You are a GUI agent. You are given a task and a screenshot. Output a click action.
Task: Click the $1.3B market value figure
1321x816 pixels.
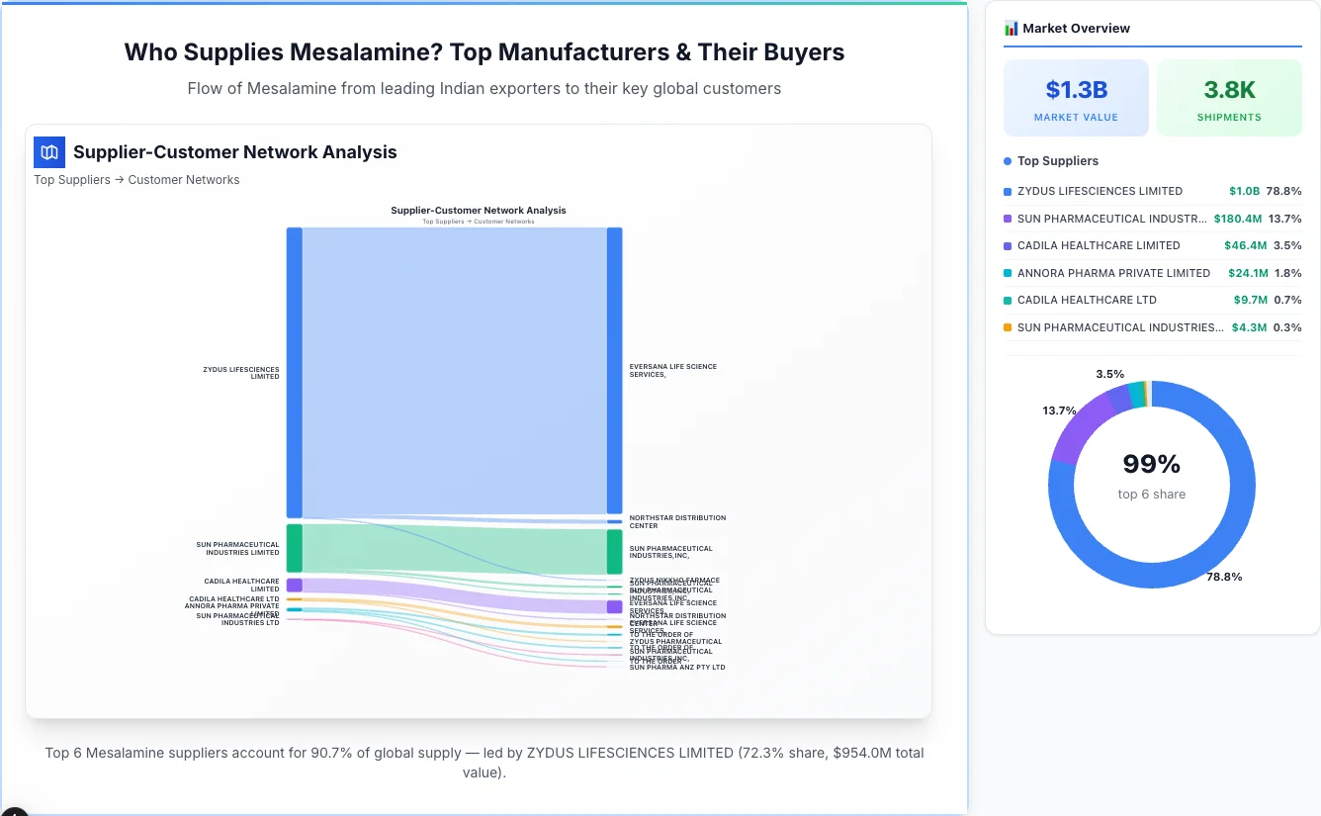pyautogui.click(x=1076, y=90)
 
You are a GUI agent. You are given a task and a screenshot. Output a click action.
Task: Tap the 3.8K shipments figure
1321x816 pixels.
pyautogui.click(x=1229, y=90)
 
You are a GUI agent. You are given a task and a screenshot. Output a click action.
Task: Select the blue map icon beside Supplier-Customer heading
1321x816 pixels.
pyautogui.click(x=49, y=152)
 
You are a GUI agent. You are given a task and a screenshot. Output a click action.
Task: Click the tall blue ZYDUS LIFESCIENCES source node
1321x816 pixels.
pyautogui.click(x=294, y=372)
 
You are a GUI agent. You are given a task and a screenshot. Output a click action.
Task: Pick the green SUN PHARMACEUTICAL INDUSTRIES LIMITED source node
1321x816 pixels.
pyautogui.click(x=294, y=548)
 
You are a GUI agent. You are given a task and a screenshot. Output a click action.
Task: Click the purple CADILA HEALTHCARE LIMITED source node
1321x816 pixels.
pyautogui.click(x=294, y=586)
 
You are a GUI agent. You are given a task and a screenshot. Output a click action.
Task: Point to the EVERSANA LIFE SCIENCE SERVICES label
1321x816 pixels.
pyautogui.click(x=673, y=370)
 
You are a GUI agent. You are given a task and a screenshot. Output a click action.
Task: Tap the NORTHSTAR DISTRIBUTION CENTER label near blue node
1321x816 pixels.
pyautogui.click(x=677, y=521)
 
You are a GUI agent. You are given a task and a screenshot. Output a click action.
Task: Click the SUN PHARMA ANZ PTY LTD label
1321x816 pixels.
pyautogui.click(x=677, y=668)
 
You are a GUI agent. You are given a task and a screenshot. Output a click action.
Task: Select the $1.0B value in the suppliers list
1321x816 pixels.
pyautogui.click(x=1244, y=191)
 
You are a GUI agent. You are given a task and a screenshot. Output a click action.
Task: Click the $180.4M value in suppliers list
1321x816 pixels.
pyautogui.click(x=1237, y=219)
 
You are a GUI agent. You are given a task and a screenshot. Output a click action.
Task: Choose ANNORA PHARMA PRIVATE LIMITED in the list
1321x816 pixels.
pyautogui.click(x=1113, y=273)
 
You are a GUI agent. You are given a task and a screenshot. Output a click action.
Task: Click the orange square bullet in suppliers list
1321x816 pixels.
pyautogui.click(x=1008, y=327)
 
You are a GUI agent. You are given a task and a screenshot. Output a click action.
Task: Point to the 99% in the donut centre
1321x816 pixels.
pyautogui.click(x=1151, y=464)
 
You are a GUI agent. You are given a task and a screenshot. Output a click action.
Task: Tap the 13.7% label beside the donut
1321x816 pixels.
pyautogui.click(x=1059, y=410)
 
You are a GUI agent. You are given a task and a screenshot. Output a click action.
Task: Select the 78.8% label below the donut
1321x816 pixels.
pyautogui.click(x=1224, y=577)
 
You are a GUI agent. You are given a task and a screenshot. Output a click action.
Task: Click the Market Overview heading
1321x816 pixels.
pyautogui.click(x=1076, y=29)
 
